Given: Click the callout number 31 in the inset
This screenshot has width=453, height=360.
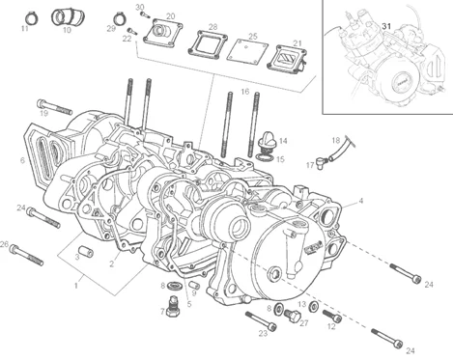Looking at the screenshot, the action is click(386, 26).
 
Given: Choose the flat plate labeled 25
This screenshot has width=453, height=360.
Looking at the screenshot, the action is click(247, 50).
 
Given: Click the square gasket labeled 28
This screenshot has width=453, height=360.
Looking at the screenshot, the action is click(208, 44).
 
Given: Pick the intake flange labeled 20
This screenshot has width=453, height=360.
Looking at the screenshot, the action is click(163, 33).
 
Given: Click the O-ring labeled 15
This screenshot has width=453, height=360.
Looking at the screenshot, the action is click(265, 157).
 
